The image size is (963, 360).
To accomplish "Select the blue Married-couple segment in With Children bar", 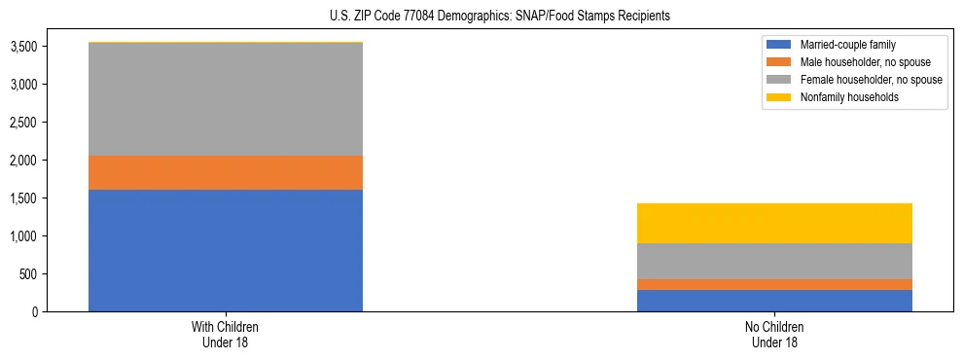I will [x=226, y=250].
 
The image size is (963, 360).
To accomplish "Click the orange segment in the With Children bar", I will [x=226, y=172].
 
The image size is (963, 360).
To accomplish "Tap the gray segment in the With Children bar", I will [x=226, y=99].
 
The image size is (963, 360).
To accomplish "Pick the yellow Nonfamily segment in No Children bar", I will [x=774, y=223].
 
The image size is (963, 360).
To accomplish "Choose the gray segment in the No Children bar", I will [x=774, y=261].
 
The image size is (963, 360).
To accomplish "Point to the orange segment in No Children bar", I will [x=774, y=284].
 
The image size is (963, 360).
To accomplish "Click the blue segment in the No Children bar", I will [x=774, y=301].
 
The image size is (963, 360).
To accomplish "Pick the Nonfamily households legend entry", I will [x=843, y=97].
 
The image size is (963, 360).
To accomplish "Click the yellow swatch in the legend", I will [x=779, y=97].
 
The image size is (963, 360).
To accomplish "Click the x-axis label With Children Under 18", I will [x=226, y=334].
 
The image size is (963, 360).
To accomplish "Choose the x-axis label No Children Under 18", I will [x=774, y=334].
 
